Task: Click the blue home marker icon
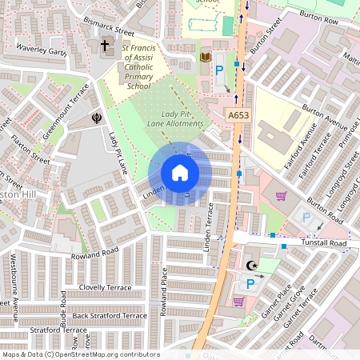point(180,173)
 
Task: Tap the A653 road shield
point(235,115)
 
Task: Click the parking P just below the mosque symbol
point(250,283)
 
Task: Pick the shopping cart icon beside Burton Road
point(281,195)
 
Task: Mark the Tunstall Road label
point(325,243)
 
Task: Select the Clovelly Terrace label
point(104,286)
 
